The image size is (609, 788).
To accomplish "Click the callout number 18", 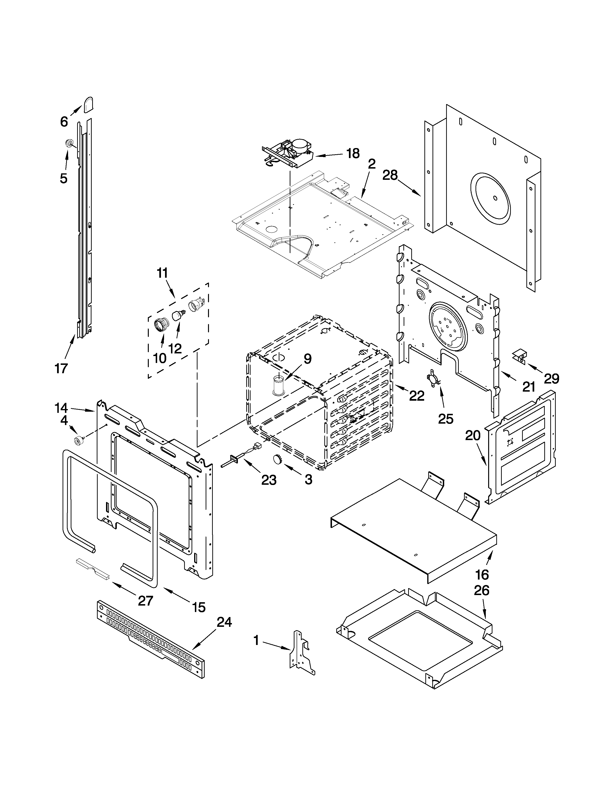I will pos(353,154).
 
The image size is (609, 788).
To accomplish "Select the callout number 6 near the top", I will pos(64,122).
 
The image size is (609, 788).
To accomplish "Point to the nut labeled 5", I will pos(69,144).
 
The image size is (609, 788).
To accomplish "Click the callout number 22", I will pos(417,396).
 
